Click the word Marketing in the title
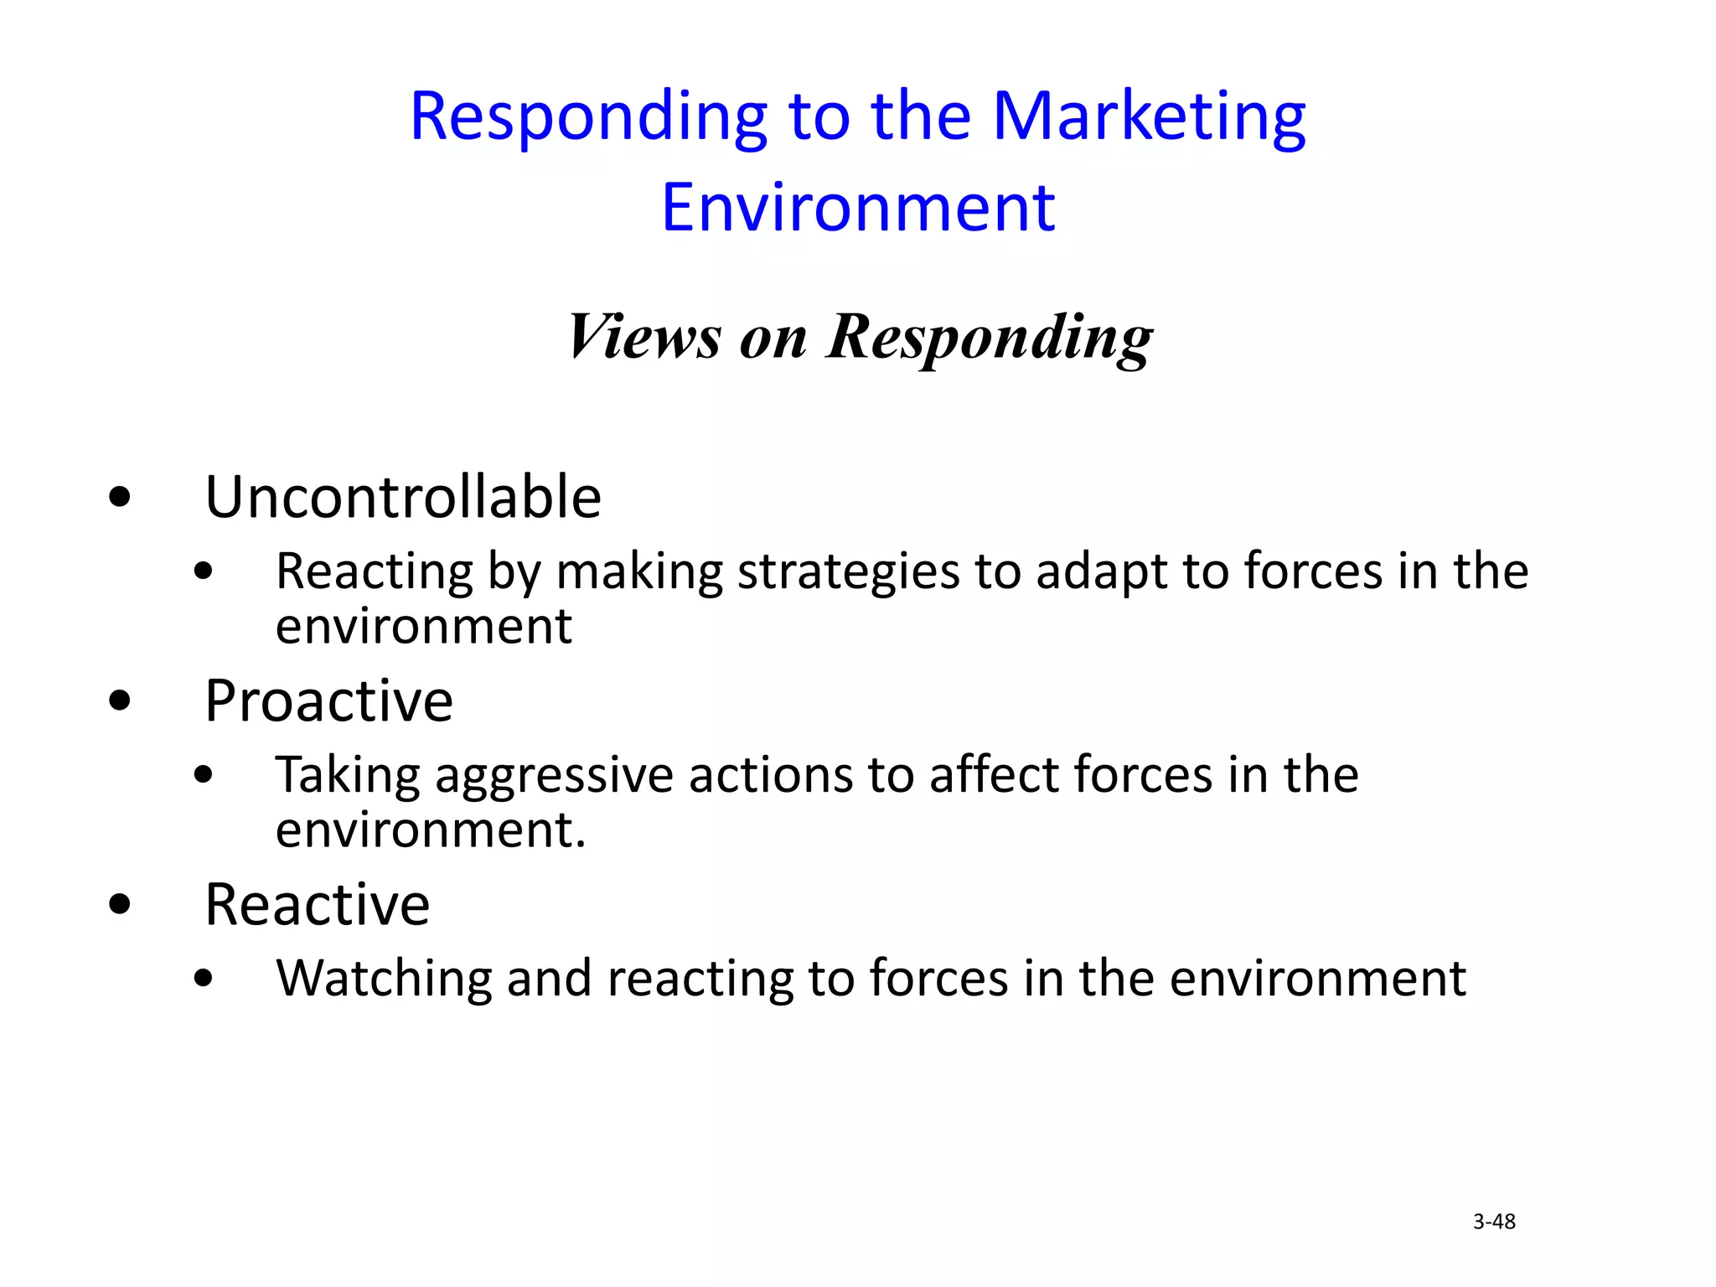coord(1149,117)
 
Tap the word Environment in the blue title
coord(858,208)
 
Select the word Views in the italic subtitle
coord(643,337)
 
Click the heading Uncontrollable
coord(403,497)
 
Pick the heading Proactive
coord(329,700)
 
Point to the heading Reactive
coord(318,905)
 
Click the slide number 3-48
coord(1494,1222)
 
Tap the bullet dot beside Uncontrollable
coord(121,498)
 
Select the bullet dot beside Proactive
coord(121,700)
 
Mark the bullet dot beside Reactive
coord(121,905)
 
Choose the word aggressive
coord(554,776)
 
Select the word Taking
coord(348,776)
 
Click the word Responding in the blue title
coord(588,117)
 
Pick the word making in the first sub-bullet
coord(639,573)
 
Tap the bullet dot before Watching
coord(203,979)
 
